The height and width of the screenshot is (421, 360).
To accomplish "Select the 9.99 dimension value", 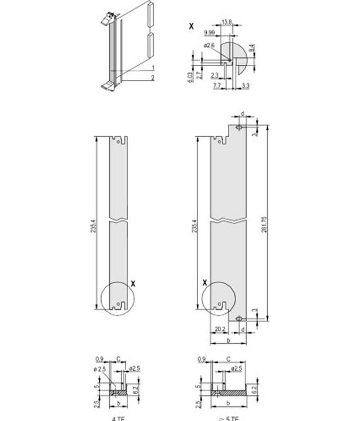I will tap(209, 33).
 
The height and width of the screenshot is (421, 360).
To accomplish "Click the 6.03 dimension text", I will tap(191, 76).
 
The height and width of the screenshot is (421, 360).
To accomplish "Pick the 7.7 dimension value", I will tap(217, 86).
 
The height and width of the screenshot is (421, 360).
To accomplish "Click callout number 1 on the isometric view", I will tap(152, 68).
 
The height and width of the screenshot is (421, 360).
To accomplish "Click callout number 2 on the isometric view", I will tap(152, 77).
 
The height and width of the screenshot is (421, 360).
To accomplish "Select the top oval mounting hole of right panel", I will tap(239, 126).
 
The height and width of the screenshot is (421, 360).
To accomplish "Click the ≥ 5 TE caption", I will tap(224, 417).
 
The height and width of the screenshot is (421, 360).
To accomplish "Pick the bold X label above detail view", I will tap(191, 26).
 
